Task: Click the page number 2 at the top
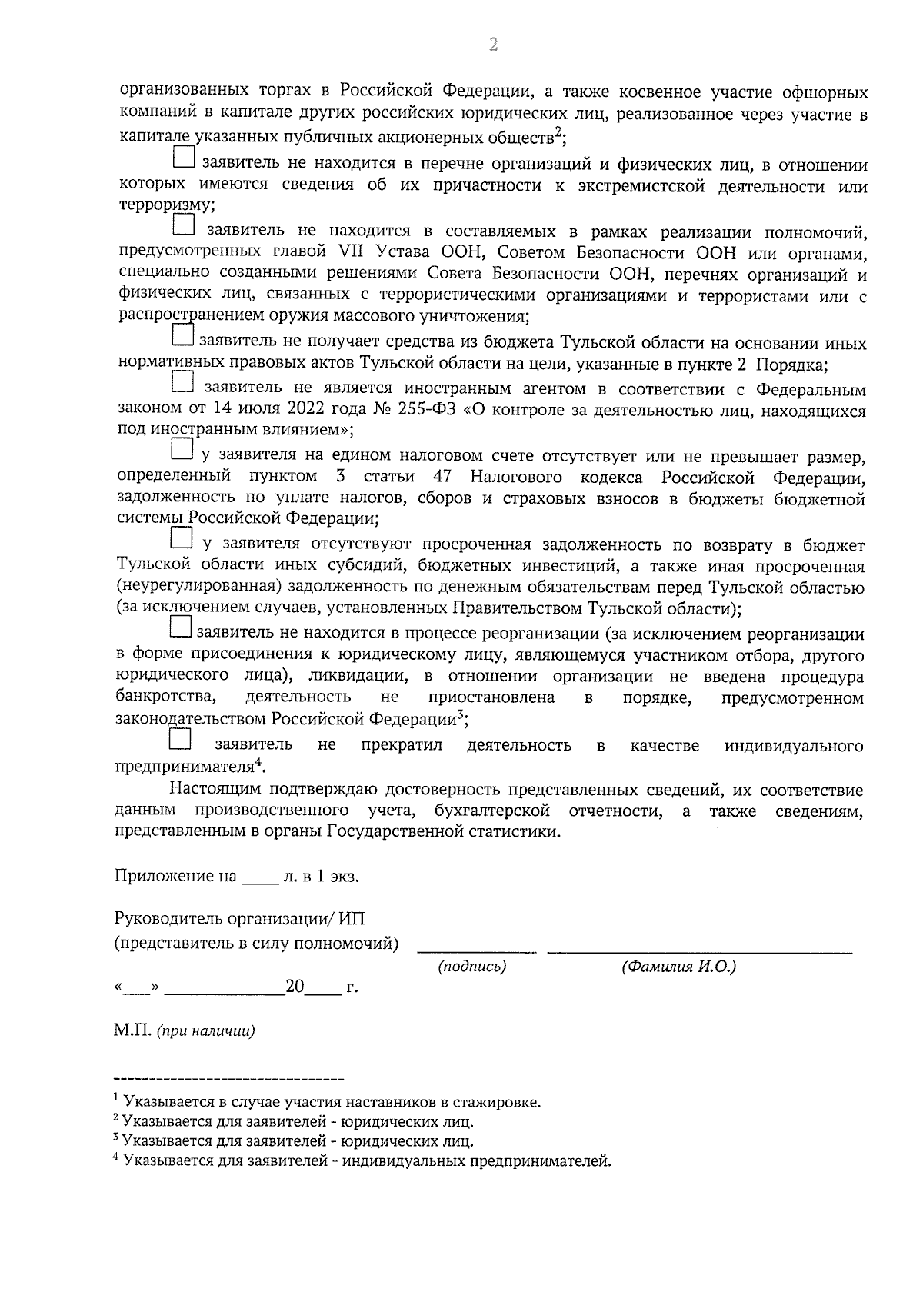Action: point(493,45)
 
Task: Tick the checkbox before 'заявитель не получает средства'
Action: point(183,335)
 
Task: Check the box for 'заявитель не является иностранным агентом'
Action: point(182,381)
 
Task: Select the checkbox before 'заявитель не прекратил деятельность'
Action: point(179,739)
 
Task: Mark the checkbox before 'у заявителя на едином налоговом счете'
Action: point(182,448)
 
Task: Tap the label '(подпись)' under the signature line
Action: point(472,967)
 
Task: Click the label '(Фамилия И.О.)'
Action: point(678,967)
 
